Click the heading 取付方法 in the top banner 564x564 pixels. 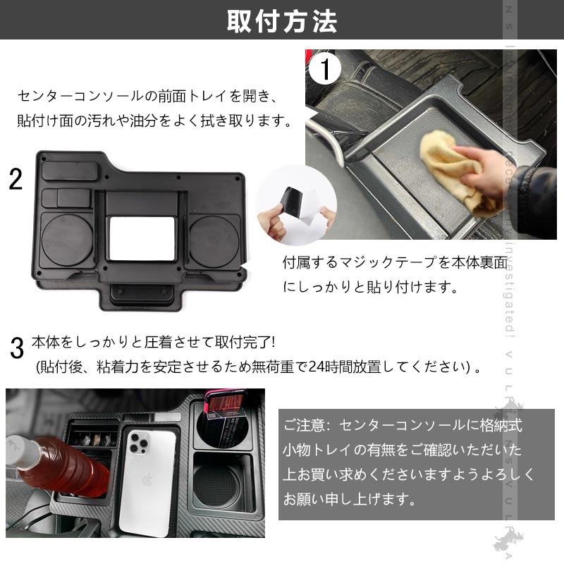click(x=282, y=21)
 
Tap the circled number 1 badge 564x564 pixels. click(x=325, y=70)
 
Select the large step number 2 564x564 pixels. click(x=15, y=180)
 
